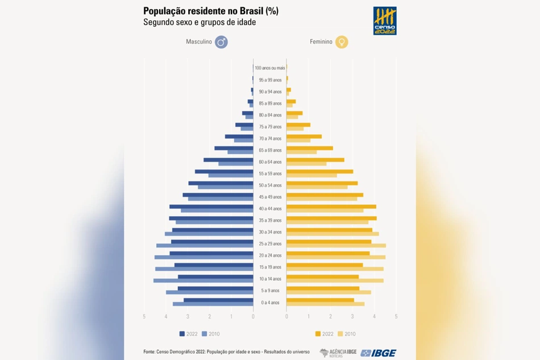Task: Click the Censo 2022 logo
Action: pyautogui.click(x=384, y=21)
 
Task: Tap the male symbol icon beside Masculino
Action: pyautogui.click(x=221, y=42)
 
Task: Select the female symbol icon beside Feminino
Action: pyautogui.click(x=342, y=42)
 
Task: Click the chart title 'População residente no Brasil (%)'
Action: pyautogui.click(x=211, y=11)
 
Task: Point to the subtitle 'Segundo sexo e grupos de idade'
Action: pyautogui.click(x=199, y=23)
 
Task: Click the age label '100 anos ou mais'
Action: pyautogui.click(x=269, y=68)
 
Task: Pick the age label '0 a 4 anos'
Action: pyautogui.click(x=270, y=303)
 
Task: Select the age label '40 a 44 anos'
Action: pyautogui.click(x=270, y=209)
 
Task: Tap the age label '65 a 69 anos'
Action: pyautogui.click(x=270, y=150)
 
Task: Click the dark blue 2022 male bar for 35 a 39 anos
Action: pyautogui.click(x=211, y=218)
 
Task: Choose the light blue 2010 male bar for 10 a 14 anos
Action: pyautogui.click(x=203, y=280)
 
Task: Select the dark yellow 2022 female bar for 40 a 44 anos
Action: pyautogui.click(x=331, y=206)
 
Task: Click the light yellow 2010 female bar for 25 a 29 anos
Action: pyautogui.click(x=336, y=246)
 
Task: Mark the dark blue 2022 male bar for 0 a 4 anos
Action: pyautogui.click(x=218, y=300)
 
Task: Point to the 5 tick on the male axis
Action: pyautogui.click(x=144, y=317)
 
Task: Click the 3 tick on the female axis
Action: pyautogui.click(x=352, y=317)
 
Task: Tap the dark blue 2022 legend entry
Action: pyautogui.click(x=188, y=334)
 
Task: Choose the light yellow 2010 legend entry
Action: pyautogui.click(x=347, y=334)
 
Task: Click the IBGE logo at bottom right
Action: pyautogui.click(x=379, y=353)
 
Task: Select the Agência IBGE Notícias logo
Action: pyautogui.click(x=338, y=353)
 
